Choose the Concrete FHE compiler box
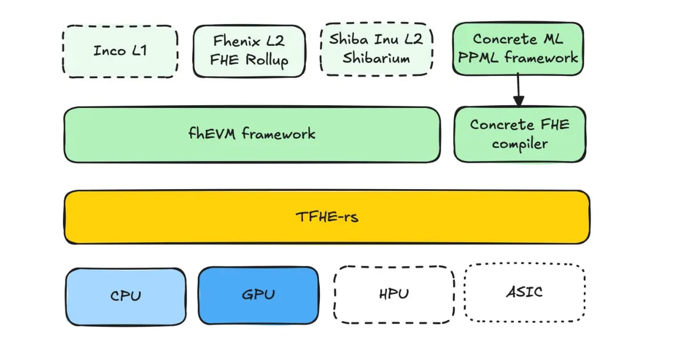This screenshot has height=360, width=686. [520, 134]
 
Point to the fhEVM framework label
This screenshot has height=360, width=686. [252, 134]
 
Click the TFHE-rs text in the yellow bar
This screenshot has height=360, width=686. [327, 217]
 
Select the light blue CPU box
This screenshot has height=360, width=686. [125, 295]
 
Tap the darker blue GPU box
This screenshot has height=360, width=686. [258, 295]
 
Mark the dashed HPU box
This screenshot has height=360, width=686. [394, 294]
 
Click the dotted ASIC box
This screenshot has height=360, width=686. [524, 291]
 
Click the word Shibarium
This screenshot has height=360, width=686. [376, 58]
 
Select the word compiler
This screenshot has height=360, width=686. [520, 143]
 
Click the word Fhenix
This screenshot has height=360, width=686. [234, 41]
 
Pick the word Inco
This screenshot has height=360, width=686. [109, 50]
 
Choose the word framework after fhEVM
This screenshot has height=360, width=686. [278, 134]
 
